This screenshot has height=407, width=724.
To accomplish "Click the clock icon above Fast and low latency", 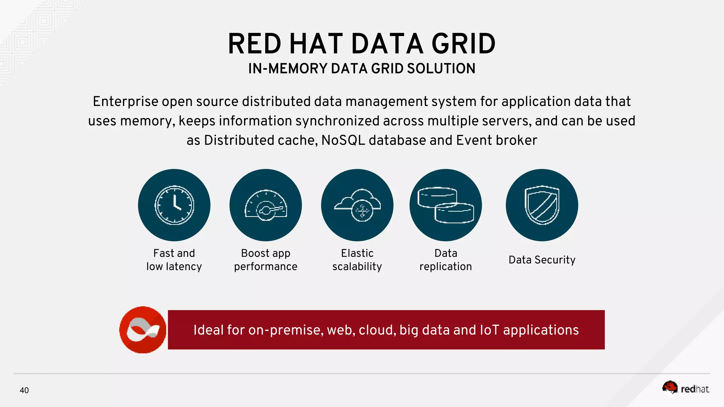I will (174, 205).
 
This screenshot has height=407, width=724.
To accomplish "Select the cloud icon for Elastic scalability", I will (357, 205).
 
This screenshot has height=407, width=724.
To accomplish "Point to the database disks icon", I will (445, 205).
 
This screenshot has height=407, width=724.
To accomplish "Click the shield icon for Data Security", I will (542, 205).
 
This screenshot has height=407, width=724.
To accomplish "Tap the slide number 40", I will (24, 390).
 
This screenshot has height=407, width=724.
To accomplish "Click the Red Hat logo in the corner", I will (685, 388).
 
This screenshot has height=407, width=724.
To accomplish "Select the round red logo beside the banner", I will (143, 330).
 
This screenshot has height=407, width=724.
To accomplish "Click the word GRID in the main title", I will (463, 44).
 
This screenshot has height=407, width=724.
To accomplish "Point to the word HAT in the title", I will (316, 44).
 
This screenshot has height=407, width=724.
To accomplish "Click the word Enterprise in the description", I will (125, 102).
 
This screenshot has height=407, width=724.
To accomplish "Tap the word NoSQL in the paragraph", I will (343, 141).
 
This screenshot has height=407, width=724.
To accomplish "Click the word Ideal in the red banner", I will (209, 330).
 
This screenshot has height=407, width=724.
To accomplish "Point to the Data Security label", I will (542, 260).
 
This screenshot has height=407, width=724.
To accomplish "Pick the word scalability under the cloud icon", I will (357, 266).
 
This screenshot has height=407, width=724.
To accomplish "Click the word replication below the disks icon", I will (445, 267).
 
